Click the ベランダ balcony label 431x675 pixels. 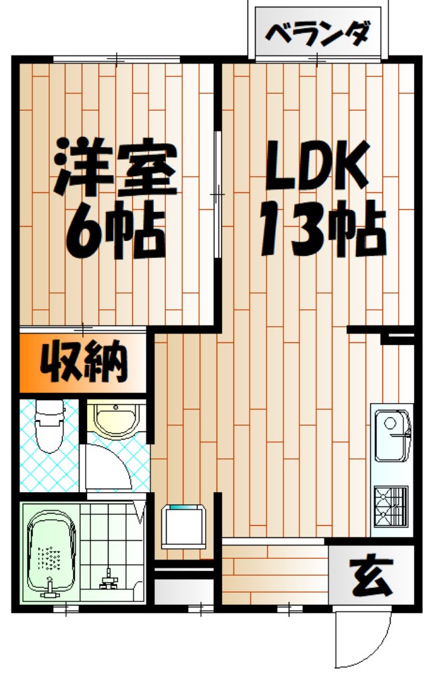318,32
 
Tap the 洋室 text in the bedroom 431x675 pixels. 116,166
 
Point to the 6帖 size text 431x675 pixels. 116,231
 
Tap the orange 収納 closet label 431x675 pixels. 84,362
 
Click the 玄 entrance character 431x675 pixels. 371,576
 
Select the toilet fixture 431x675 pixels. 48,427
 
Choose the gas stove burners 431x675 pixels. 390,506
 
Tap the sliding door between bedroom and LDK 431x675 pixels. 217,194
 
